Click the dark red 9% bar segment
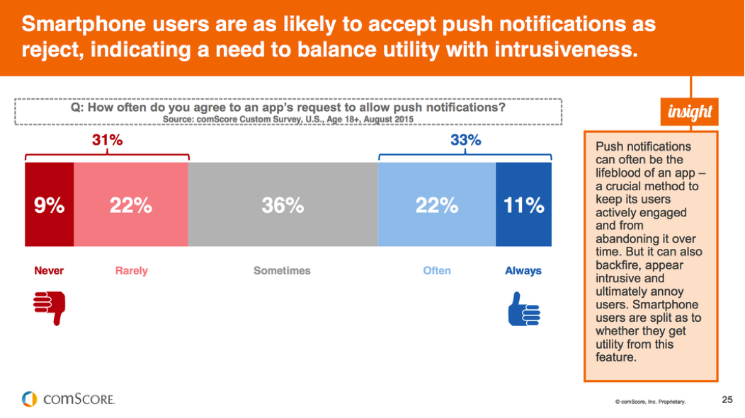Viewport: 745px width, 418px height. tap(50, 205)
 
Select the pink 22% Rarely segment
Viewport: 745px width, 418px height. tap(131, 205)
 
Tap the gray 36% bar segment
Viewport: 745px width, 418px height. tap(283, 205)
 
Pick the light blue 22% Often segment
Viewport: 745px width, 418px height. tap(437, 205)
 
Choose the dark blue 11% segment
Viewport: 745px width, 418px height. tap(523, 205)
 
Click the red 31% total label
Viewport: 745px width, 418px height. tap(107, 141)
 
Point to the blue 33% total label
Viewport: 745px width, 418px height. tap(465, 141)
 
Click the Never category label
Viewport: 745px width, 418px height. tap(49, 271)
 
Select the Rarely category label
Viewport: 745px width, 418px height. tap(131, 271)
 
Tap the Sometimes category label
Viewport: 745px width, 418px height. tap(282, 271)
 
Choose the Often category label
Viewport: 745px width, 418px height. tap(437, 271)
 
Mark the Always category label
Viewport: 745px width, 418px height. tap(523, 271)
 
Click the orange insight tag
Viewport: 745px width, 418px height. tap(690, 112)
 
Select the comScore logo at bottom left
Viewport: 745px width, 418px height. tap(68, 399)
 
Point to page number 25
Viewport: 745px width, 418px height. tap(727, 400)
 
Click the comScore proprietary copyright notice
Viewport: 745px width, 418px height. tap(650, 401)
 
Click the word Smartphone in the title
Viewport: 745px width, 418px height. tap(79, 25)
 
